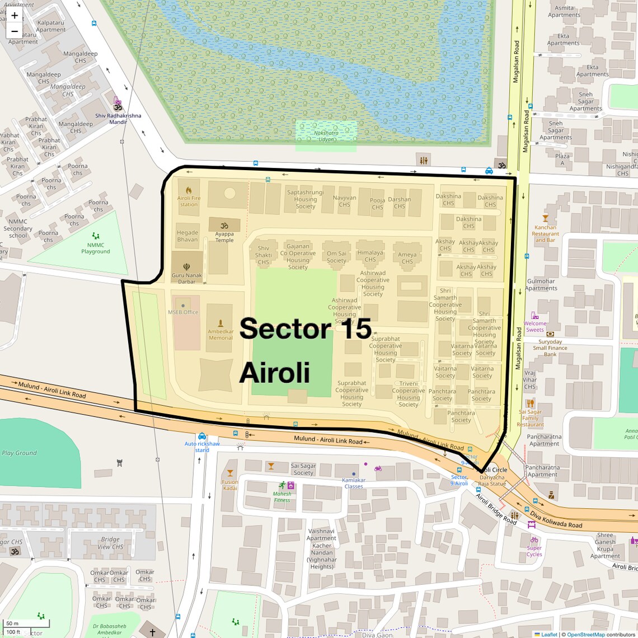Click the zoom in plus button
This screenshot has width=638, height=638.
(15, 16)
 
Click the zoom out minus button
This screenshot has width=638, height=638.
(15, 31)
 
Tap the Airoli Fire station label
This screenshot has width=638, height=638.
(189, 201)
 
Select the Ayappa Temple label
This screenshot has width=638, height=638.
(224, 237)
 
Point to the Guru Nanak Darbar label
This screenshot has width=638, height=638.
(187, 278)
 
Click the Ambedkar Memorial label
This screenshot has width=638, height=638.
(221, 334)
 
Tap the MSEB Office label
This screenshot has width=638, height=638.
(183, 312)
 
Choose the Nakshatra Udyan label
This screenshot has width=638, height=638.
(326, 136)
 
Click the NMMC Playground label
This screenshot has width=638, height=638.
(96, 248)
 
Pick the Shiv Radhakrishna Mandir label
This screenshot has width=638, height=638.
(118, 119)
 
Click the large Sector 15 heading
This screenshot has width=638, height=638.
(306, 329)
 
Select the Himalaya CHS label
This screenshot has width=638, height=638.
(370, 256)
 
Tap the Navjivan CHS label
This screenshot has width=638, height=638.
(344, 201)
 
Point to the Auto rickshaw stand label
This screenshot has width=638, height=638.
(202, 447)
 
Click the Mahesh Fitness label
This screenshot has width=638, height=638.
(282, 496)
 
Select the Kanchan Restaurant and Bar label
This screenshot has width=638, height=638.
(546, 233)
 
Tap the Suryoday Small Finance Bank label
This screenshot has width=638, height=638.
(550, 348)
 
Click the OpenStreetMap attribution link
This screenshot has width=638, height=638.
(586, 634)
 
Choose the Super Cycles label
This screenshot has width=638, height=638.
(534, 551)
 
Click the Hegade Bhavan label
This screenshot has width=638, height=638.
(187, 236)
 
